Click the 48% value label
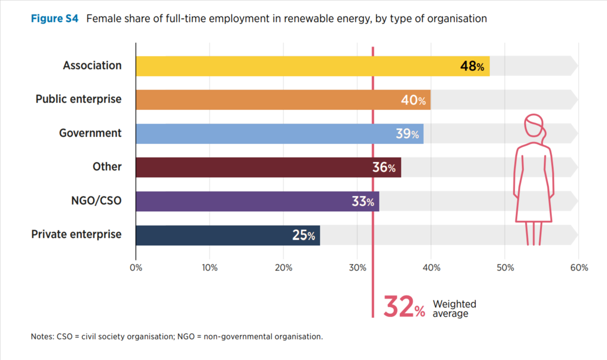472,66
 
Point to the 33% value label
363,201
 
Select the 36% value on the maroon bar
384,167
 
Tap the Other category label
107,167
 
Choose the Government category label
90,133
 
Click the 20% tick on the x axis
283,268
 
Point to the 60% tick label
579,268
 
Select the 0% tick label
136,268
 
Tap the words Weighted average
454,309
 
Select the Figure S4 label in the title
55,19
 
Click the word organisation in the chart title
459,19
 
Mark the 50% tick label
505,268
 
